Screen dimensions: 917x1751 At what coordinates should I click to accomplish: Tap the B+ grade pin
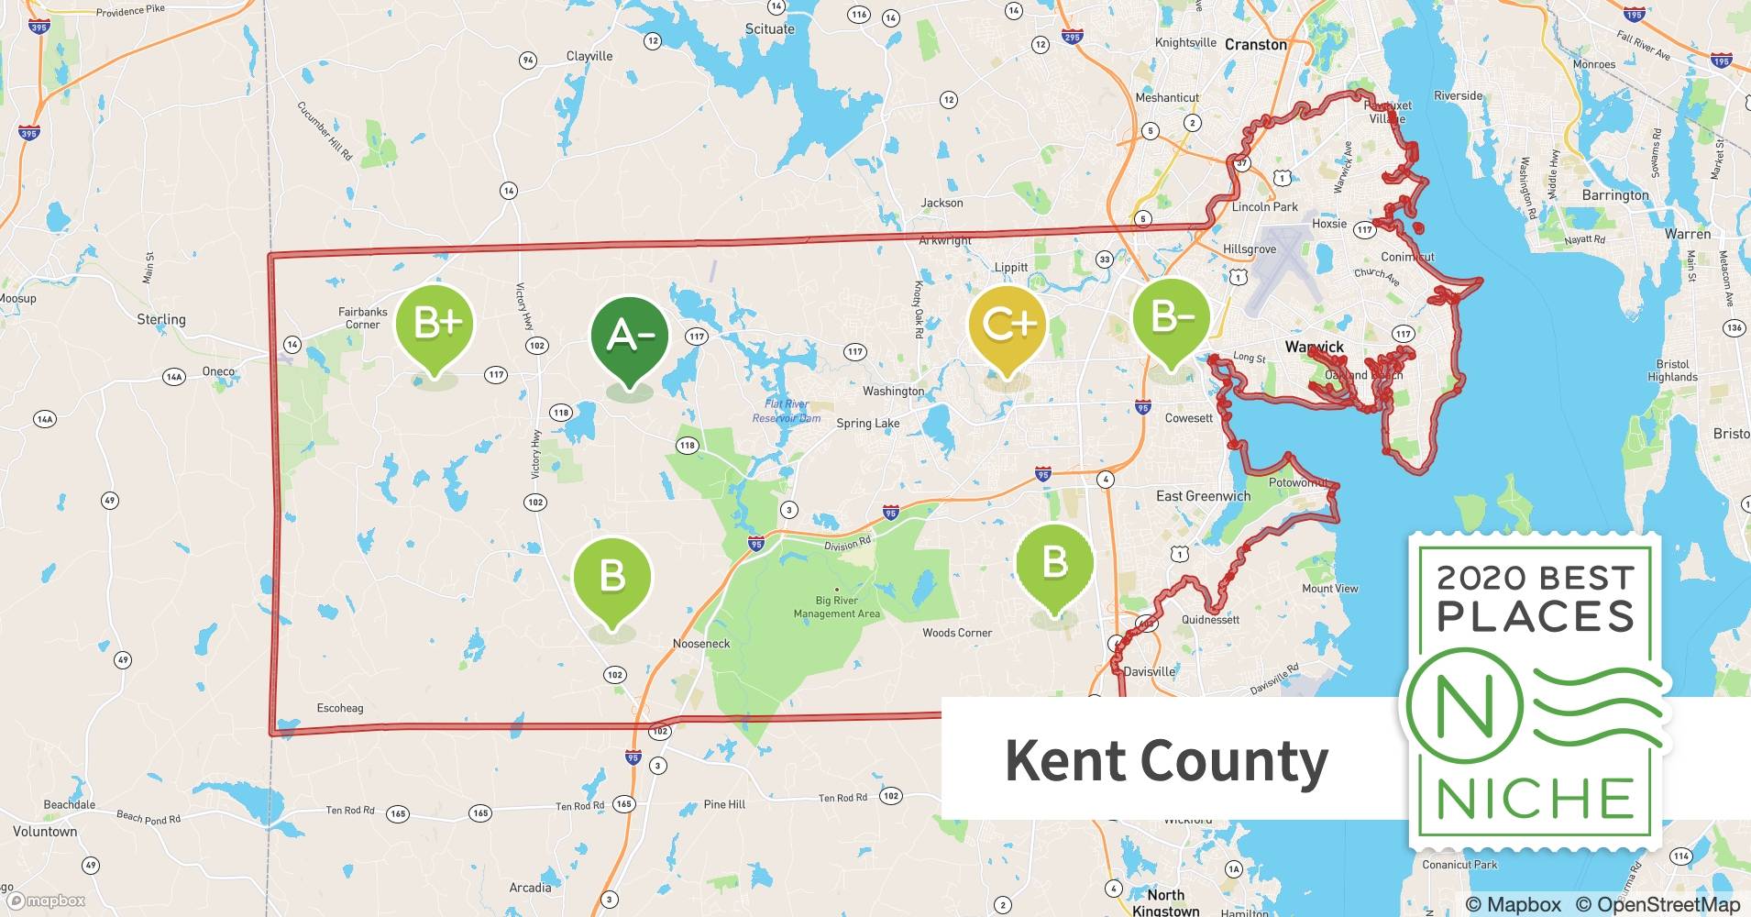click(x=435, y=324)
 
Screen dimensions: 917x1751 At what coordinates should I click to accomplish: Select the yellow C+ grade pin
click(x=1007, y=324)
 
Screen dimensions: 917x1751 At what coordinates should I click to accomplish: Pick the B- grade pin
click(x=1171, y=318)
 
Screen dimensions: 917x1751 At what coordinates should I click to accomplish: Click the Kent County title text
click(x=1166, y=760)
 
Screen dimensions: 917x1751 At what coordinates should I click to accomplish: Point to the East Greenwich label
click(x=1203, y=496)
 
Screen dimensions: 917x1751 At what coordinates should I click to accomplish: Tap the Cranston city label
click(x=1255, y=44)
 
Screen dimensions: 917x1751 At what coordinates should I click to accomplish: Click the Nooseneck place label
click(x=701, y=644)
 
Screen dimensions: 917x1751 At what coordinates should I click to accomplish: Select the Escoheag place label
click(x=339, y=708)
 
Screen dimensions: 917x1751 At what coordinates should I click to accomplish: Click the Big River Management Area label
click(x=836, y=607)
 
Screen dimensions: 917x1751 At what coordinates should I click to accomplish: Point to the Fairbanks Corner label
click(x=363, y=318)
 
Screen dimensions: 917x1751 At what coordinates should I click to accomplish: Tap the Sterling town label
click(x=161, y=319)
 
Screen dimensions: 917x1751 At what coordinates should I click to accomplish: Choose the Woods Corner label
click(x=957, y=633)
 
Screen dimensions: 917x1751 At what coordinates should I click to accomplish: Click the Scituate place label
click(x=769, y=28)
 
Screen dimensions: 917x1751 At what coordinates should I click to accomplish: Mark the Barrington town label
click(x=1615, y=195)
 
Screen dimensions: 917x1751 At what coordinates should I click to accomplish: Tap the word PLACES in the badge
click(x=1536, y=615)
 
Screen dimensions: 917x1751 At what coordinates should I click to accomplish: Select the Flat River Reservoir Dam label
click(x=787, y=411)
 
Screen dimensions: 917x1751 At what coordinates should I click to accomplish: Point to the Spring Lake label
click(x=867, y=424)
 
